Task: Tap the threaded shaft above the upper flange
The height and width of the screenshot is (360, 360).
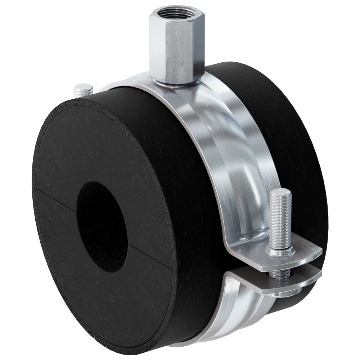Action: tap(280, 220)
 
